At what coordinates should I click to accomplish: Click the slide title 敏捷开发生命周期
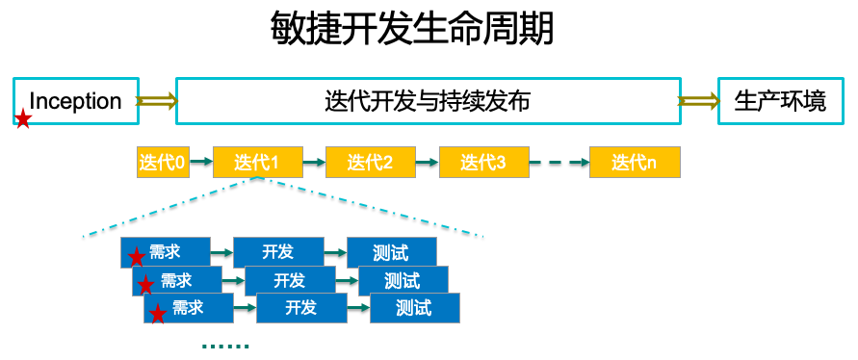(x=413, y=30)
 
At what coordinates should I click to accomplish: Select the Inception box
(x=76, y=101)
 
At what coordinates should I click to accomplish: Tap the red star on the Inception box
(x=23, y=119)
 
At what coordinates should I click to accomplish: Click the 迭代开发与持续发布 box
(x=428, y=101)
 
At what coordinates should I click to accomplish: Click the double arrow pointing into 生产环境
(x=698, y=101)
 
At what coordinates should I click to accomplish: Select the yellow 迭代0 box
(x=162, y=163)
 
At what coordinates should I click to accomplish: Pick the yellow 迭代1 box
(x=256, y=163)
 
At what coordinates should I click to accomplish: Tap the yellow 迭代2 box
(x=370, y=163)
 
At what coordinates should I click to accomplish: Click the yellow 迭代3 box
(x=483, y=163)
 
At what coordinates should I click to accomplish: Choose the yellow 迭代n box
(x=634, y=163)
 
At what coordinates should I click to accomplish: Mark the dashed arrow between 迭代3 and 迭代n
(x=559, y=163)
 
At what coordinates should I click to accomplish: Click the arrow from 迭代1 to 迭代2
(x=313, y=163)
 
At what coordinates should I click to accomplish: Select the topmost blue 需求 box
(x=165, y=252)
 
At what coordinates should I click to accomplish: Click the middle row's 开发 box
(x=289, y=281)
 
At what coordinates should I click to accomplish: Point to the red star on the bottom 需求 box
(x=157, y=315)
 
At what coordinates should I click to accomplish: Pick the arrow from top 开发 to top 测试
(x=335, y=253)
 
